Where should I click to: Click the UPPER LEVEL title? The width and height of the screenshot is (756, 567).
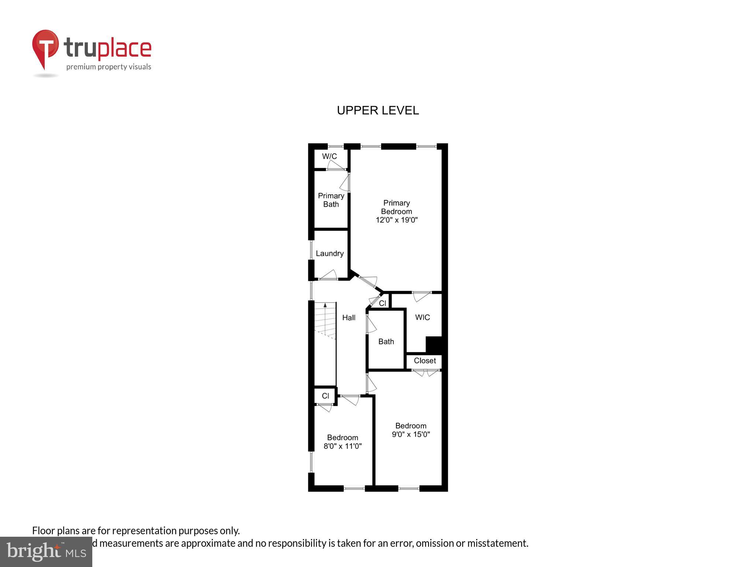click(378, 110)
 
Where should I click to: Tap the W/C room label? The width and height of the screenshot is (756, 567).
click(329, 156)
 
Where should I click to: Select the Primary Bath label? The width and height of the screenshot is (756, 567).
click(331, 200)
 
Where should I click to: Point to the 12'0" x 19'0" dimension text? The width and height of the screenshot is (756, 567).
click(396, 220)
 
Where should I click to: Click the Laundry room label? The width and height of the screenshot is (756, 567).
click(330, 254)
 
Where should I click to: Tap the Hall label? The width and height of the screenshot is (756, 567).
click(349, 317)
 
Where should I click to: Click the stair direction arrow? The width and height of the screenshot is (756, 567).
click(325, 306)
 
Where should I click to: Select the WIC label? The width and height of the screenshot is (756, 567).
click(423, 317)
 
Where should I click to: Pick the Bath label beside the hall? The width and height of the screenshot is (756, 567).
click(386, 342)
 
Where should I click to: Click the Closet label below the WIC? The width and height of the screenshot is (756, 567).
click(425, 361)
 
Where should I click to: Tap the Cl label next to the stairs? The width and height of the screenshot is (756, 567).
click(325, 396)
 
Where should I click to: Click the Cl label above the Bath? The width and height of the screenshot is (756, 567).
click(383, 303)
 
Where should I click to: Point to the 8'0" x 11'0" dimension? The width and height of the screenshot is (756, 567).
click(343, 446)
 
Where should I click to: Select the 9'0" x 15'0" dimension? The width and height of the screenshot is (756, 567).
click(411, 434)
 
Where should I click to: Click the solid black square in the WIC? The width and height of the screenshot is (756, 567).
click(434, 344)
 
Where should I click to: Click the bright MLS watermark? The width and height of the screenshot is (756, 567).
click(46, 551)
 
